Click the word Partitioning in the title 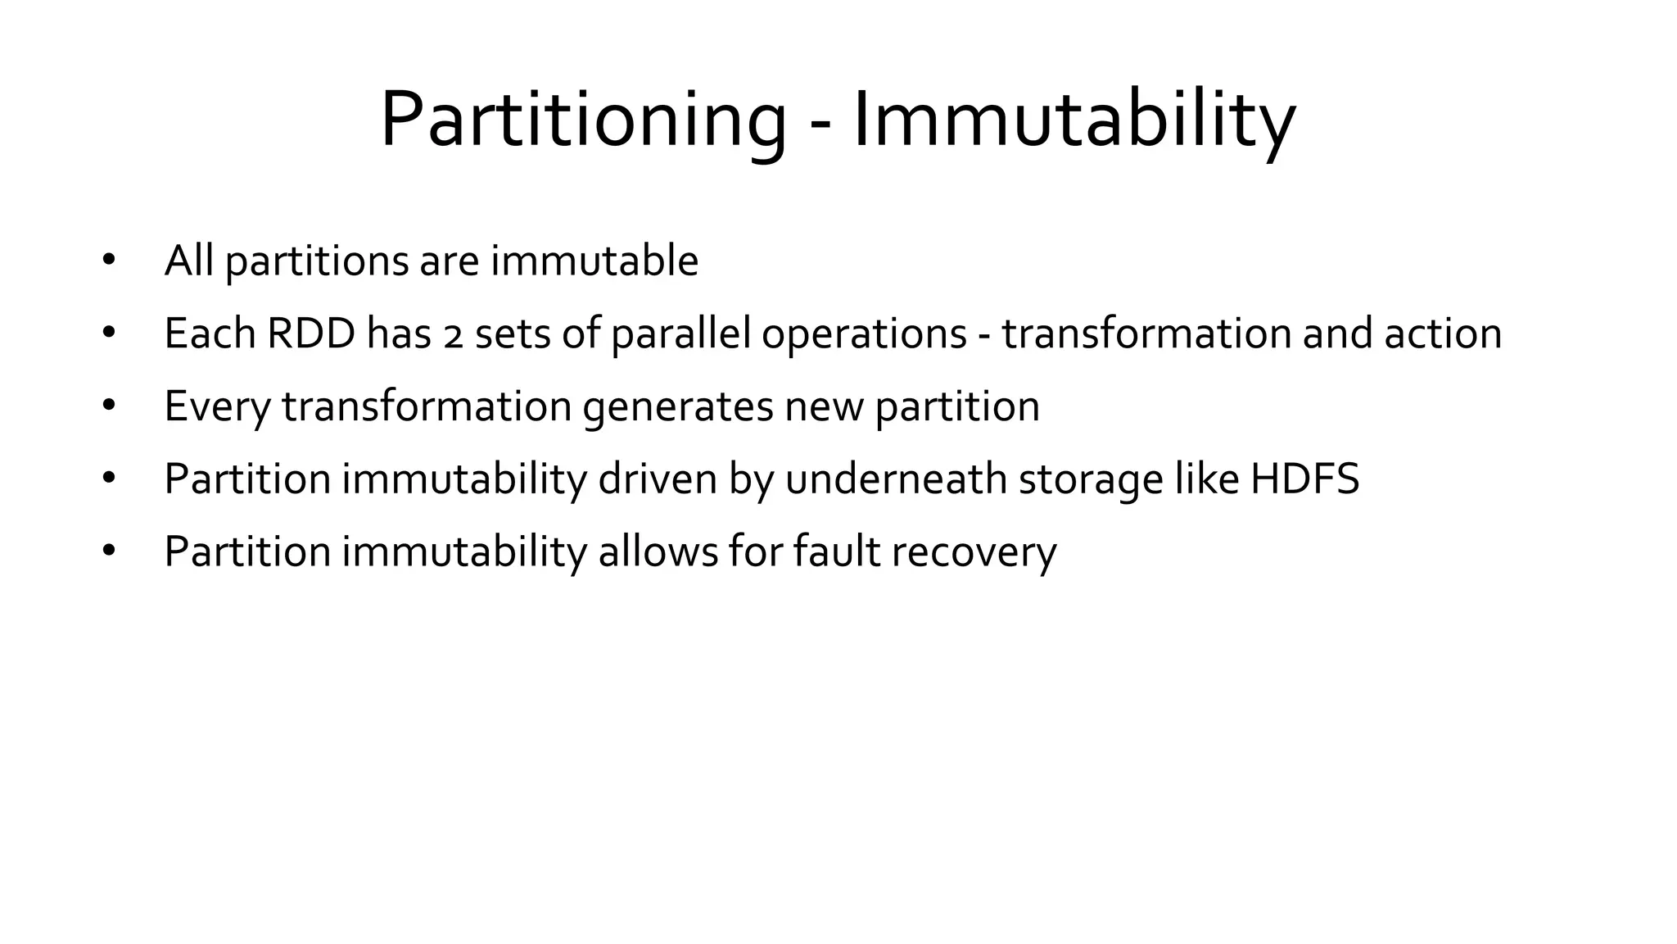(582, 120)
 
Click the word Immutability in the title (1074, 120)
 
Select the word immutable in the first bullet (594, 261)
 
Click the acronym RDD (311, 334)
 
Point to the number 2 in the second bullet (453, 336)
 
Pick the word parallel (680, 334)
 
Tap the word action (1443, 334)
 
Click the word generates (678, 406)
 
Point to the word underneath (896, 479)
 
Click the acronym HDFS (1304, 479)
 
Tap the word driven (658, 479)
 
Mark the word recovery (974, 551)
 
